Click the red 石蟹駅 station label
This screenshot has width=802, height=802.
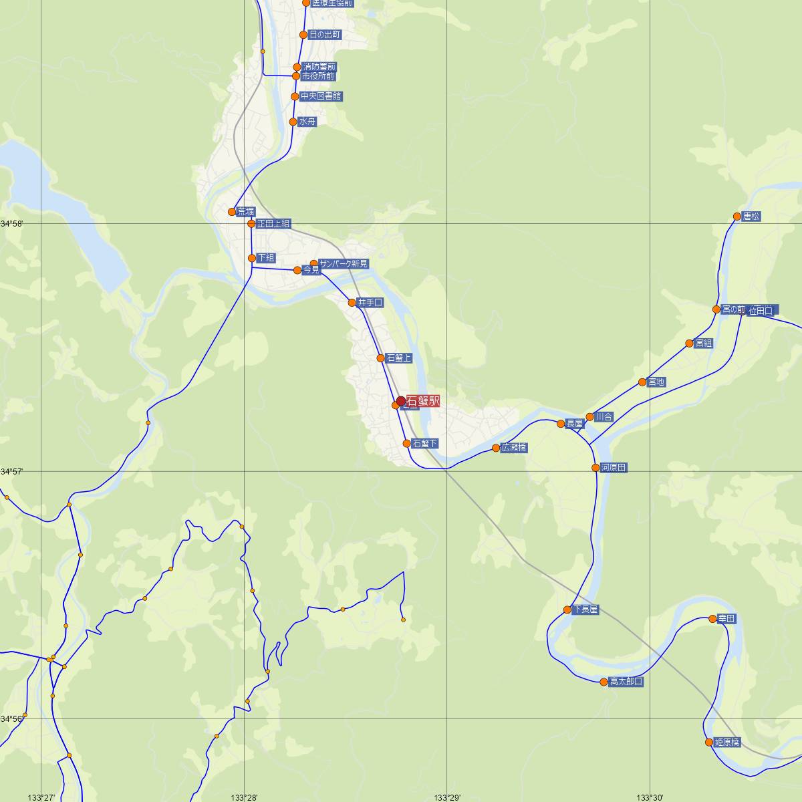[423, 401]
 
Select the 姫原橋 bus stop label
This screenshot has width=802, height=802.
[727, 742]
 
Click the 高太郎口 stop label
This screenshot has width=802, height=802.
[626, 682]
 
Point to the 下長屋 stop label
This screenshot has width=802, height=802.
[585, 610]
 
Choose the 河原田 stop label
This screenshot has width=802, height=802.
[614, 468]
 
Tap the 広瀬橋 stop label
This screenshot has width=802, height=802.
[514, 448]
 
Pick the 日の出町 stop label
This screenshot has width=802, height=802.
[325, 34]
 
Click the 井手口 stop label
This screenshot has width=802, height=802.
[370, 303]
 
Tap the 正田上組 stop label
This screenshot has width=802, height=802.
[273, 223]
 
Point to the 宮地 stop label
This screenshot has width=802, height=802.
[656, 382]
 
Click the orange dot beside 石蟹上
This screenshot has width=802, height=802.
[381, 358]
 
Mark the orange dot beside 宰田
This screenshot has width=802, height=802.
[713, 620]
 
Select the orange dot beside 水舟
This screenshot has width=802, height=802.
[293, 122]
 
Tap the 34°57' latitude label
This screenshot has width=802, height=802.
[12, 472]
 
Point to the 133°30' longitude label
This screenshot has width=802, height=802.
[650, 797]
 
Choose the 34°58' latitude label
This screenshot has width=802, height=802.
[12, 224]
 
